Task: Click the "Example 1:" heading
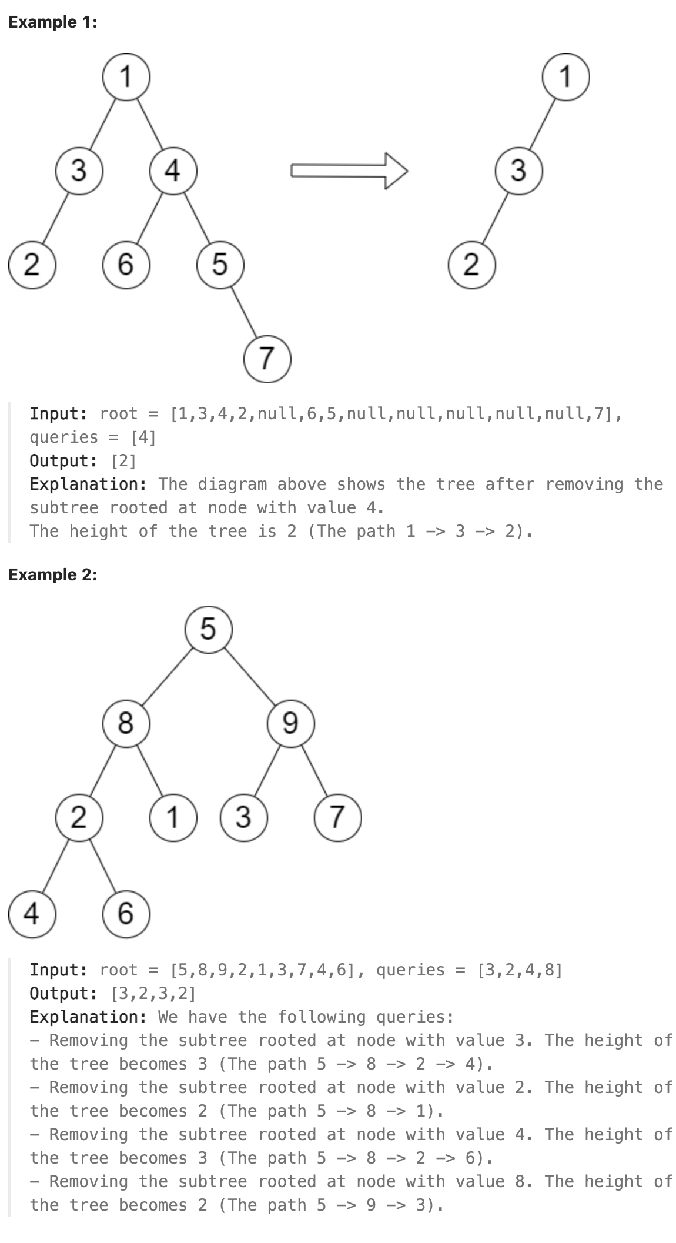click(52, 22)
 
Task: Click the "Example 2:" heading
click(52, 574)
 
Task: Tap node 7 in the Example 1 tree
click(267, 358)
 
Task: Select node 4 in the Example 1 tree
click(173, 171)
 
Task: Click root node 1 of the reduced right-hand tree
click(565, 76)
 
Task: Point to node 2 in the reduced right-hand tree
click(471, 265)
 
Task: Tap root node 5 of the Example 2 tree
click(209, 629)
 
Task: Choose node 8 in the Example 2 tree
click(126, 723)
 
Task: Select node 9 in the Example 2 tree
click(290, 723)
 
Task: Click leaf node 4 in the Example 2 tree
click(32, 913)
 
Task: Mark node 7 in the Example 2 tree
click(337, 817)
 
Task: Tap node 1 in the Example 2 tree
click(173, 817)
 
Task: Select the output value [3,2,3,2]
click(153, 993)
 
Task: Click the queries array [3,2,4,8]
click(520, 970)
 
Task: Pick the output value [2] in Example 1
click(123, 460)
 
